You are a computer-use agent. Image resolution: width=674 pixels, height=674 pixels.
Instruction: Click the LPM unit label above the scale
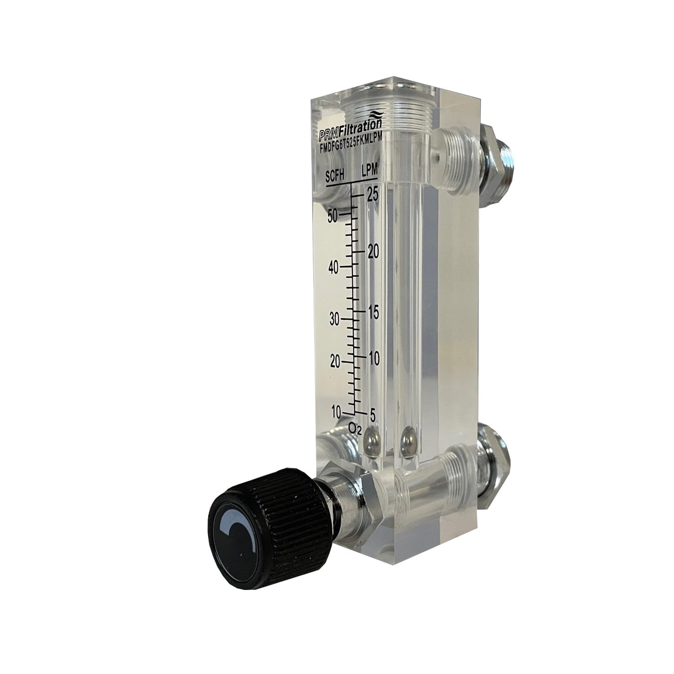point(370,170)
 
